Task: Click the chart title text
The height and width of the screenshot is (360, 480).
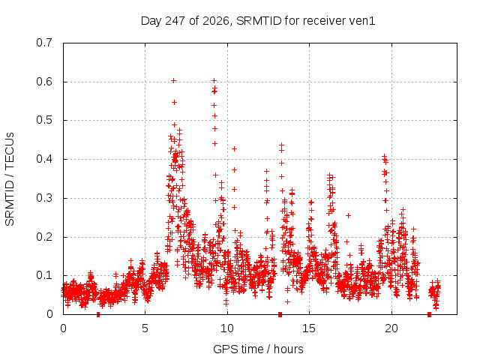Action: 258,21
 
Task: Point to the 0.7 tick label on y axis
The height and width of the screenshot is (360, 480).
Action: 44,43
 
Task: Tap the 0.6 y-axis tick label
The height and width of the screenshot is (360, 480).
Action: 44,82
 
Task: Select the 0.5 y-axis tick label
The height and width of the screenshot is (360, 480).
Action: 44,120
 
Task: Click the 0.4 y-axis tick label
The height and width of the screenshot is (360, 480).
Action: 44,159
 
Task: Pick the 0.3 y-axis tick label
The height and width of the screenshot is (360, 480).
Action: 44,198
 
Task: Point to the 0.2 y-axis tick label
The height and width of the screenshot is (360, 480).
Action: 44,237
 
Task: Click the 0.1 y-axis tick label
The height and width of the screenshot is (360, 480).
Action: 44,275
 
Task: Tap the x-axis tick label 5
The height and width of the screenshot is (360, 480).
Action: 145,328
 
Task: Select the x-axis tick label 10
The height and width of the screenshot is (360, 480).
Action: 226,328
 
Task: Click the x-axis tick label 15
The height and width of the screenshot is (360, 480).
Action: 309,328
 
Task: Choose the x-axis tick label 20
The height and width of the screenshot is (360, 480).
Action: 391,328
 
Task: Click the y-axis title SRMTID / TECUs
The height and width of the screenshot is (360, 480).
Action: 10,179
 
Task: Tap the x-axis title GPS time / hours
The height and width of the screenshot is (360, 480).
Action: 258,349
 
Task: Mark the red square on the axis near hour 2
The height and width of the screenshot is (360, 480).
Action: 98,314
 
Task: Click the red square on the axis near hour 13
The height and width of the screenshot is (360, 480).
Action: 280,314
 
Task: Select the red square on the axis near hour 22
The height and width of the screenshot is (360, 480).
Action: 429,314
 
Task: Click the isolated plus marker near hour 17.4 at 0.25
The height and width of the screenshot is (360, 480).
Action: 348,215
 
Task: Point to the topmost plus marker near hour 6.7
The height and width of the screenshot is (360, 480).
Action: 173,81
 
